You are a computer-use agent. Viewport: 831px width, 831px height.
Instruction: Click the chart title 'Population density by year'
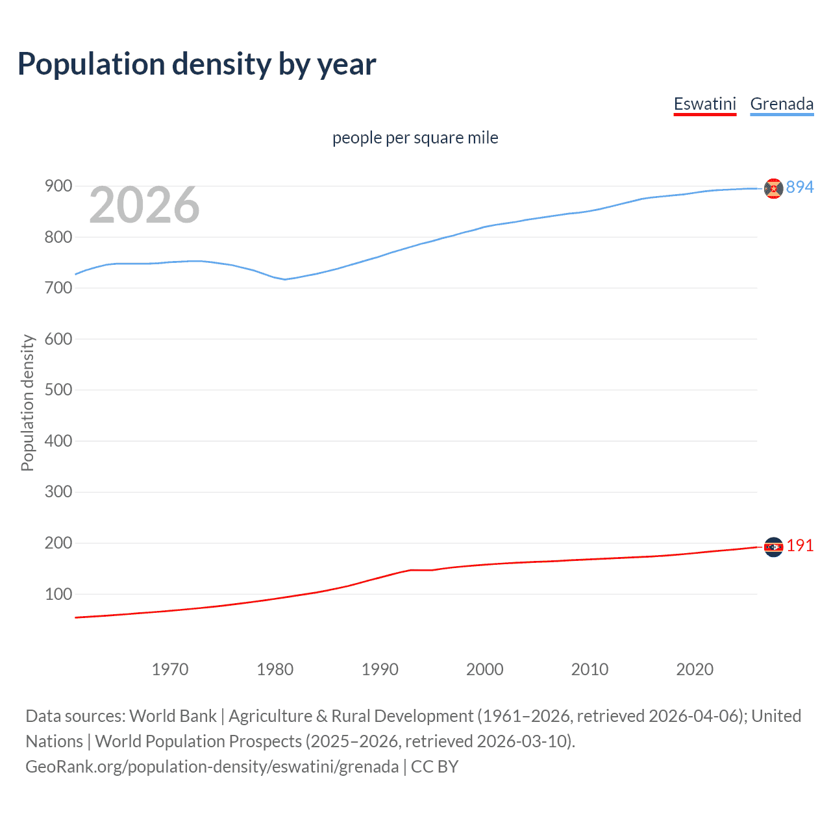197,64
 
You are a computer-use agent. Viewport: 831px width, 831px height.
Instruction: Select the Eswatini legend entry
704,104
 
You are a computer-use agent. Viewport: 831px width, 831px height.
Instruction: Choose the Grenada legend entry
782,104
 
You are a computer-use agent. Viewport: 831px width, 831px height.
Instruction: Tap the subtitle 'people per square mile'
415,138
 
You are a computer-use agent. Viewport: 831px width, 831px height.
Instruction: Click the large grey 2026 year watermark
144,205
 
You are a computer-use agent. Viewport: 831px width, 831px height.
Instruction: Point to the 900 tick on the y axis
58,186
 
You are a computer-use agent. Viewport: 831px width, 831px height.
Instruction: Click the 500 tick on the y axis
58,390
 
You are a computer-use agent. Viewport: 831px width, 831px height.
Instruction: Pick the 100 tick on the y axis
58,594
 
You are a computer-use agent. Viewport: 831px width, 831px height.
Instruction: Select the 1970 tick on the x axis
170,669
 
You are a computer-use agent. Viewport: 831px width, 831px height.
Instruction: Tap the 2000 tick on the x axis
484,669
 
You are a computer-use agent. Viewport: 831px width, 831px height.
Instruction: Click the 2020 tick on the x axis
695,669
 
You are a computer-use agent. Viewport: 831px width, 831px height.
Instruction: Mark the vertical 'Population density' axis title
27,403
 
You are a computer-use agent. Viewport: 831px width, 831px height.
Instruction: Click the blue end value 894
799,187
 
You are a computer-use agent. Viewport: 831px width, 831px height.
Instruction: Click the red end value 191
800,546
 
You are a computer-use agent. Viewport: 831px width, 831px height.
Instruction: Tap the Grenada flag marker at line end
773,188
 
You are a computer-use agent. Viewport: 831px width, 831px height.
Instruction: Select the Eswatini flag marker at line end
773,547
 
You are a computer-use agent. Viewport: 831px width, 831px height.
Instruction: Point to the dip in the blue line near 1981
284,279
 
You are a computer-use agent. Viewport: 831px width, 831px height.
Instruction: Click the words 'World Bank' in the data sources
173,716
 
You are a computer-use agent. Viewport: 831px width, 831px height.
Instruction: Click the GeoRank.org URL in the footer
212,767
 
